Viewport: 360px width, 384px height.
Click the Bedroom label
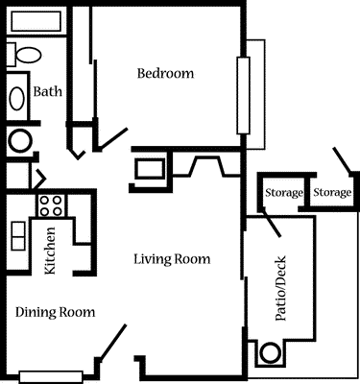click(165, 74)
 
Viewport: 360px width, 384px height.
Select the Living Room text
click(172, 259)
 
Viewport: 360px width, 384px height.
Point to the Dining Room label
click(55, 312)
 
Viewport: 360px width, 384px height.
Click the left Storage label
click(283, 194)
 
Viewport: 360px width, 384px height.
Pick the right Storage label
click(332, 194)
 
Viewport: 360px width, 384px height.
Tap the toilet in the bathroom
click(22, 55)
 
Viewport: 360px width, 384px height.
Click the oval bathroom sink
click(17, 98)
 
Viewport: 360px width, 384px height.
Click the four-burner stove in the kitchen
click(50, 204)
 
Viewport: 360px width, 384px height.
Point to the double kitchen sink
click(16, 235)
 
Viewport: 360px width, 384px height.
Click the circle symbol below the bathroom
click(18, 141)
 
